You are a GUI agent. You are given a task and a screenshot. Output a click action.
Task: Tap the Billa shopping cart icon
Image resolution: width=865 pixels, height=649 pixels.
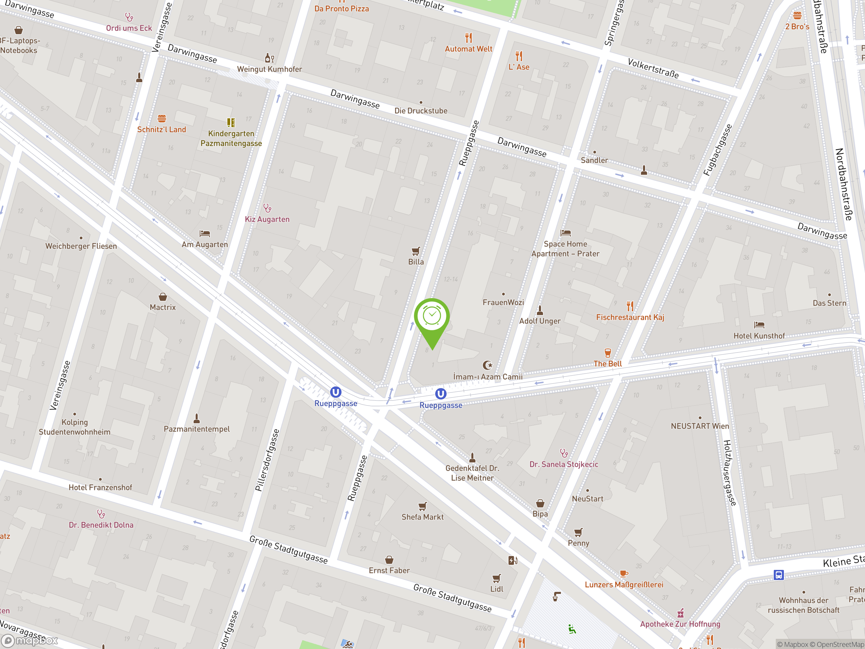416,251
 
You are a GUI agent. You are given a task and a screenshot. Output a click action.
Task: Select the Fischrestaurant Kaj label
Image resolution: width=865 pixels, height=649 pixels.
630,317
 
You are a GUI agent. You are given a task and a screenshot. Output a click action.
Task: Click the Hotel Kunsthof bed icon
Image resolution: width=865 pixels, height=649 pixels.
759,325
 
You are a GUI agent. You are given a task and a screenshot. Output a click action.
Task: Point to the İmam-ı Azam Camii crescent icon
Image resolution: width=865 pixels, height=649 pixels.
487,365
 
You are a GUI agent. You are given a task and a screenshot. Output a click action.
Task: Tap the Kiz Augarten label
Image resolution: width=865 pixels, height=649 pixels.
267,219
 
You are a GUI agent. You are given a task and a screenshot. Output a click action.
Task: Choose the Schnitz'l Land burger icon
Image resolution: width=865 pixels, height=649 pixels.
162,118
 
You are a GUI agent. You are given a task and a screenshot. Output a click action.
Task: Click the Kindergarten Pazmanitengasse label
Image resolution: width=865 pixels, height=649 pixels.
231,139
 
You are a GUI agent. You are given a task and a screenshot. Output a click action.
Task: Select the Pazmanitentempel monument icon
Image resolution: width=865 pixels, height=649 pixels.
197,418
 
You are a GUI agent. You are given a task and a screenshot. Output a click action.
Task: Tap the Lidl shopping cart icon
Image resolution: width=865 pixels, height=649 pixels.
496,578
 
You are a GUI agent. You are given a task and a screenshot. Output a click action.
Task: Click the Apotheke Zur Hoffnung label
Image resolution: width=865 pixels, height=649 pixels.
680,624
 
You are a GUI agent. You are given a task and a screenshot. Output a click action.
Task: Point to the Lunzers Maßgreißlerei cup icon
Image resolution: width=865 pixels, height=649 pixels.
624,574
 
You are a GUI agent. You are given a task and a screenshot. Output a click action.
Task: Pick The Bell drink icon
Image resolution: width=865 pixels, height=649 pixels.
607,353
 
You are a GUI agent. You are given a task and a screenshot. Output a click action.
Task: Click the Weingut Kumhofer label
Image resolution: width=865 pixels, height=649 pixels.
269,69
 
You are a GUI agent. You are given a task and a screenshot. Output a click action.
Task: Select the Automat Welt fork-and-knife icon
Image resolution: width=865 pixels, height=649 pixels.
468,38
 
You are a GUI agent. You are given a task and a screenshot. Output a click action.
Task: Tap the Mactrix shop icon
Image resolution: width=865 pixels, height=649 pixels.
163,297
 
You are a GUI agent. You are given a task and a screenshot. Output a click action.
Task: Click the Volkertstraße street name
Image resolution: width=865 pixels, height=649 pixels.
653,68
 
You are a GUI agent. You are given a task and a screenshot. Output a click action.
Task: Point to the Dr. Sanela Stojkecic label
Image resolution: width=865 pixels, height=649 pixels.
564,464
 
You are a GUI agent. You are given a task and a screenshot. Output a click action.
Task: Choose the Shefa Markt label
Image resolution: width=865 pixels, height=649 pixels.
422,517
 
